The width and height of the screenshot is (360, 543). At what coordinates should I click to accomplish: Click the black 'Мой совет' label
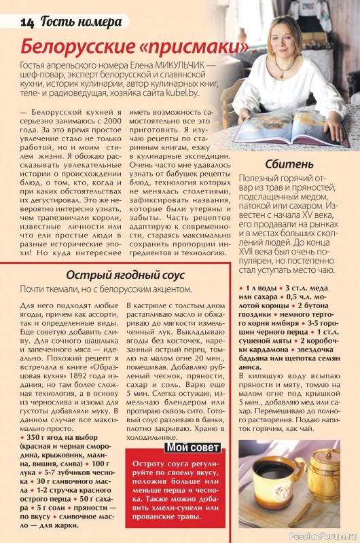pos(193,447)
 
